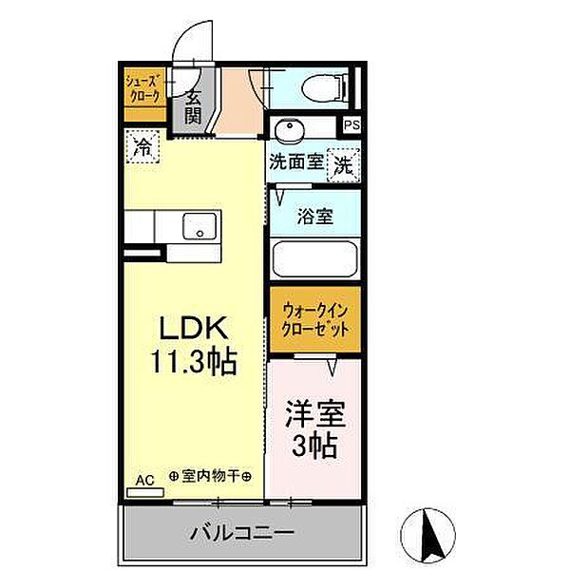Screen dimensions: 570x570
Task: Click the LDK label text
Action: tap(194, 328)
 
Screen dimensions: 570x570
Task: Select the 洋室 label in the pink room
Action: tap(315, 413)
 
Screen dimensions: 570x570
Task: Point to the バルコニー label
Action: tap(242, 533)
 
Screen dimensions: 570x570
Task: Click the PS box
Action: tap(351, 125)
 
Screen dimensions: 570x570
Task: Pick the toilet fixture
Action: tap(326, 87)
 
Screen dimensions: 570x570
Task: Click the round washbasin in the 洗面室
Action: tap(290, 130)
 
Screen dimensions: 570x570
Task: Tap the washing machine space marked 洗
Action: tap(344, 165)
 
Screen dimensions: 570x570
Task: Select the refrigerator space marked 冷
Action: tap(142, 146)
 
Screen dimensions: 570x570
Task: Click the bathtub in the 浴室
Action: tap(314, 259)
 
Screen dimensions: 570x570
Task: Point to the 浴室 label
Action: tap(314, 217)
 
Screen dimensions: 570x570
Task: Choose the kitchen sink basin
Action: tap(199, 226)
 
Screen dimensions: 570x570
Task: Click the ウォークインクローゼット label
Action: tap(315, 320)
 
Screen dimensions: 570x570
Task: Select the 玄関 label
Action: tap(193, 106)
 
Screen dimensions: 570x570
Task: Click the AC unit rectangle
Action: tap(145, 492)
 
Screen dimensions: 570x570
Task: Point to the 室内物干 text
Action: tap(211, 476)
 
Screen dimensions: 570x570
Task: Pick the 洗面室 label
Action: tap(296, 161)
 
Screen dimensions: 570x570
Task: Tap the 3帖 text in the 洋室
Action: tap(314, 446)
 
